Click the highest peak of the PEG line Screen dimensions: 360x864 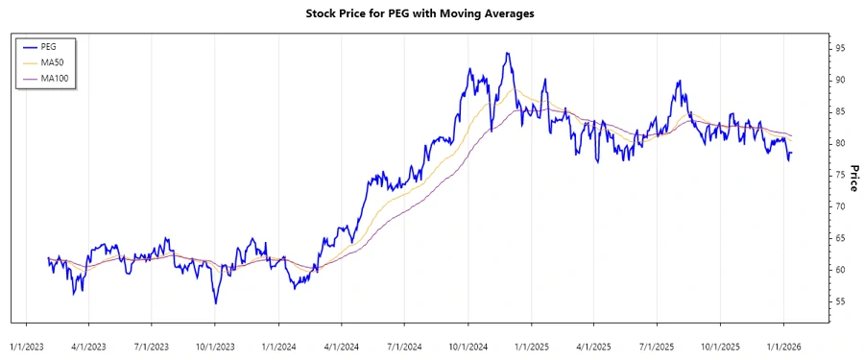506,53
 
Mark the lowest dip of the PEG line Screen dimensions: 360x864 215,303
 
